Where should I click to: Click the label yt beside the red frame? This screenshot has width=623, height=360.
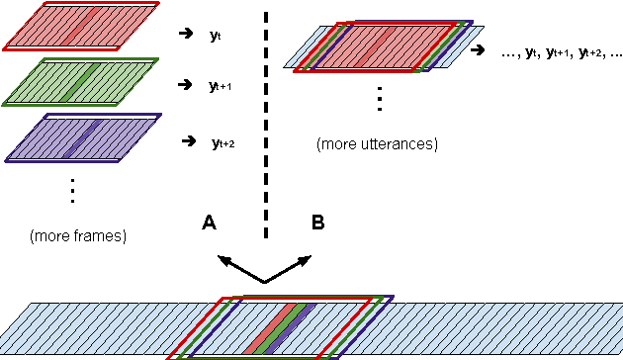(215, 35)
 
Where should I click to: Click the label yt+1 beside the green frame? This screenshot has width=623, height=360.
(220, 88)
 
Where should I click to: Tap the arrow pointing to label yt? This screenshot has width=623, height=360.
(185, 34)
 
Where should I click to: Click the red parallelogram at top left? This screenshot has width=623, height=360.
(79, 26)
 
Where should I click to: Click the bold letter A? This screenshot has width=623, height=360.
(209, 225)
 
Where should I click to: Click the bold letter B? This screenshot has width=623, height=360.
(318, 225)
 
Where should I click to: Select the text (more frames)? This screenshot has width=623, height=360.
(78, 236)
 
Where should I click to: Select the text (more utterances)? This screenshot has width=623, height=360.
(377, 144)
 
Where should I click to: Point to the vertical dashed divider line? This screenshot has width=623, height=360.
(265, 119)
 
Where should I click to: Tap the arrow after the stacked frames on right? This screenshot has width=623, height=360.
(479, 49)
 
